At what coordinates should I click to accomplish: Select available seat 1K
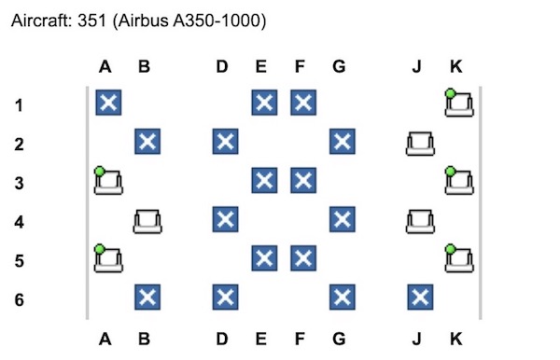pos(459,104)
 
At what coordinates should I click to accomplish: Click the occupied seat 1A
pos(108,103)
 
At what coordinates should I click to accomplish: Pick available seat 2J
pos(420,144)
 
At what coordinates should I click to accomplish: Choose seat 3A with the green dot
pos(108,181)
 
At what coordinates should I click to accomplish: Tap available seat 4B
pos(147,221)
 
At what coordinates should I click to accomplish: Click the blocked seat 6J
pos(420,298)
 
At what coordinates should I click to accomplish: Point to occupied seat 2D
pos(225,141)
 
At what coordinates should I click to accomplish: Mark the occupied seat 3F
pos(303,180)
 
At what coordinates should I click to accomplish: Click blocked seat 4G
pos(343,219)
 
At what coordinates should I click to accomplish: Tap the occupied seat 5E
pos(264,258)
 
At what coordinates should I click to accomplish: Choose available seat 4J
pos(420,221)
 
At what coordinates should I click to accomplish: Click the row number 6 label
pos(20,299)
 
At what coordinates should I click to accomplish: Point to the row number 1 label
pos(20,105)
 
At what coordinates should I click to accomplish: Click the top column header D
pos(222,66)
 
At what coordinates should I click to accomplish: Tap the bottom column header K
pos(456,339)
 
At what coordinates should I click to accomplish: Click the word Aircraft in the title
pos(41,21)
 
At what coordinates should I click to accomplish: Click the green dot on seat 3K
pos(451,172)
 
